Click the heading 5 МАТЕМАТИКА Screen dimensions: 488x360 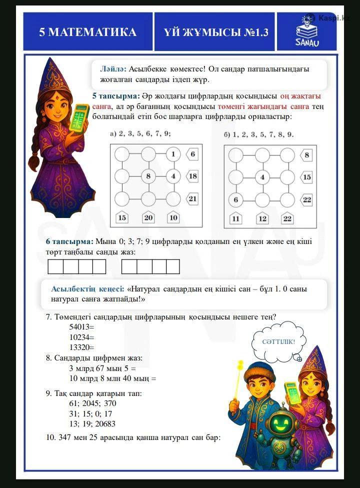pyautogui.click(x=88, y=32)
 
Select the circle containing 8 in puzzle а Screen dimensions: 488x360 pyautogui.click(x=148, y=176)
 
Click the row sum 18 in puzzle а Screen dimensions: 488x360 pyautogui.click(x=193, y=176)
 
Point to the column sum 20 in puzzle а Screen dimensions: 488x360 pyautogui.click(x=148, y=217)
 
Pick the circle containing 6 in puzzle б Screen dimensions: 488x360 pyautogui.click(x=236, y=200)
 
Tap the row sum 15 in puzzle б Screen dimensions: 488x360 pyautogui.click(x=306, y=177)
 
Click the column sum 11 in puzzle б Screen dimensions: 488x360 pyautogui.click(x=236, y=218)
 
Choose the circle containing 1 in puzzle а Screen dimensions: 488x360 pyautogui.click(x=173, y=154)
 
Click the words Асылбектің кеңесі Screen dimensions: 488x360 pyautogui.click(x=87, y=289)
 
